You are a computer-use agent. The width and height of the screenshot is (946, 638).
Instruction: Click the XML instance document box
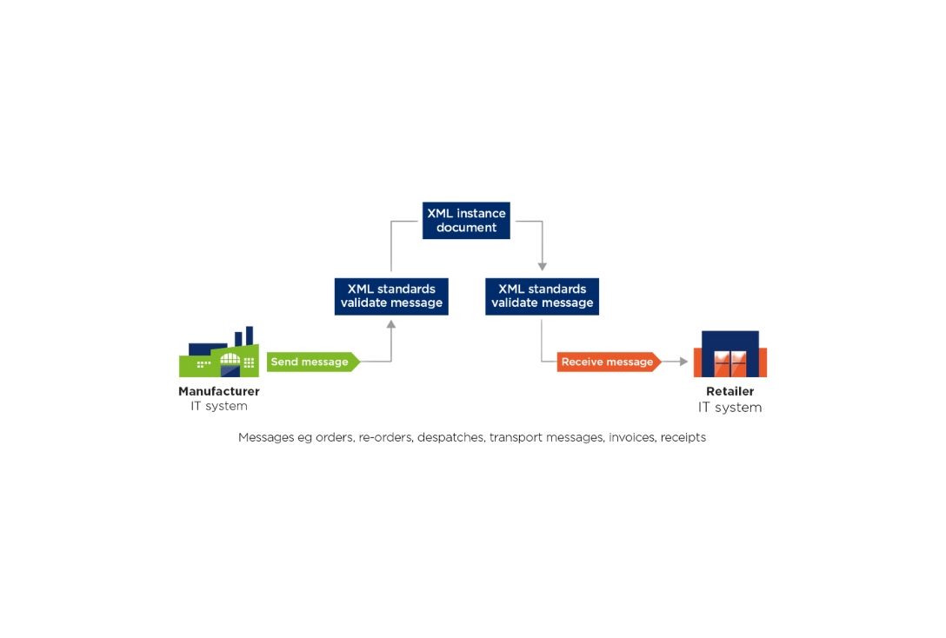click(466, 221)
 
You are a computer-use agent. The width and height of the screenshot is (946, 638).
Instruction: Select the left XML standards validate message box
click(391, 296)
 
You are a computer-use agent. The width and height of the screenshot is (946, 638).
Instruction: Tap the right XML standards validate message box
click(543, 296)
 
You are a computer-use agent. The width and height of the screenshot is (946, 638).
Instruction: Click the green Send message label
click(313, 362)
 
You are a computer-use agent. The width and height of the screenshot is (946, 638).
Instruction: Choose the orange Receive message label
click(609, 362)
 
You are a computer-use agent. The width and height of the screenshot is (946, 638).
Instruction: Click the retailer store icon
click(730, 354)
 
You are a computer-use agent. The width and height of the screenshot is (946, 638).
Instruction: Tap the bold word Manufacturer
click(219, 391)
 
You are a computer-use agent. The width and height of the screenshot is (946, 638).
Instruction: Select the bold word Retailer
click(730, 391)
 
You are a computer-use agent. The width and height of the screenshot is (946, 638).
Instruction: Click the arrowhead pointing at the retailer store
click(683, 362)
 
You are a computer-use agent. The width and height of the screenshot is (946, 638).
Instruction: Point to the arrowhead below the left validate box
click(391, 324)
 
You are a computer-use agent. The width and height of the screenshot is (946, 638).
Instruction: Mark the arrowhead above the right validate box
click(543, 267)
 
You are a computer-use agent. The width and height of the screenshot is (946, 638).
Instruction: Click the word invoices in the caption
click(631, 437)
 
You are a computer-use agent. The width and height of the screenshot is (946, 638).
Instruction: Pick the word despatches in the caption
click(450, 438)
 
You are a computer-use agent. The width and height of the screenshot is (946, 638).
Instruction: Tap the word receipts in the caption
click(683, 438)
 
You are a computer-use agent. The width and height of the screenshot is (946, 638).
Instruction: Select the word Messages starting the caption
click(266, 437)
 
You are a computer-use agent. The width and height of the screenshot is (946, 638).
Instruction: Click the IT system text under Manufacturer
click(219, 406)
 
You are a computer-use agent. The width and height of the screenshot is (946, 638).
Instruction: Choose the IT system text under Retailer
click(730, 407)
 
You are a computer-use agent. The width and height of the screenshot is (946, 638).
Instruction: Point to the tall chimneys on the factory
click(243, 336)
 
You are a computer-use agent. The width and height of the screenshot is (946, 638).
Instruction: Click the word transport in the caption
click(516, 438)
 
